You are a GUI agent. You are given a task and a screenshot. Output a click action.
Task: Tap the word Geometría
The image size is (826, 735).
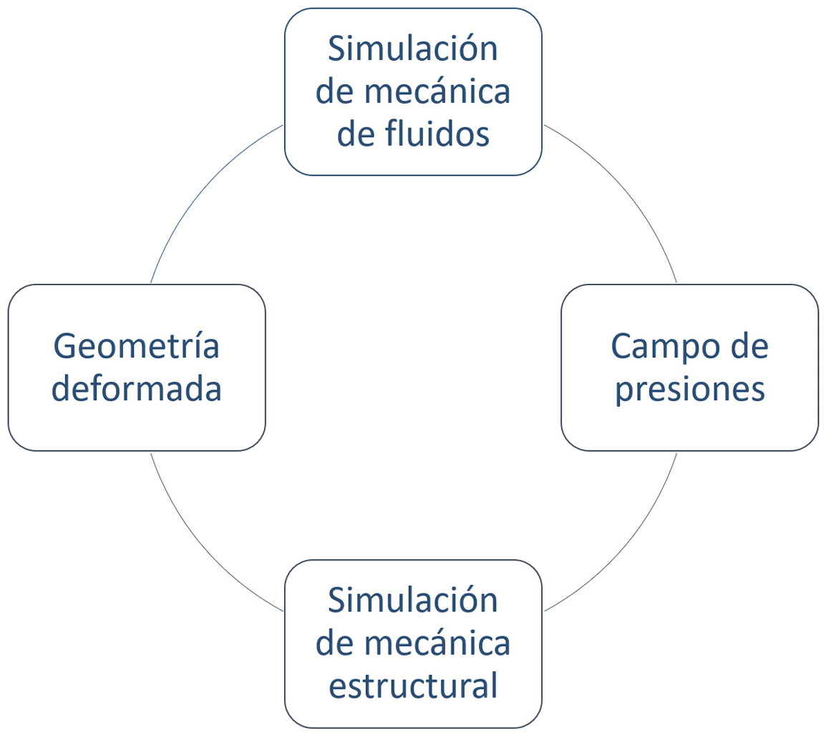tap(137, 347)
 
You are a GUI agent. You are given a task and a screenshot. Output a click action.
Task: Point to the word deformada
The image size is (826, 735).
tap(137, 390)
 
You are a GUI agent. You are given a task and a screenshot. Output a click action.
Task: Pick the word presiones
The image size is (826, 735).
tap(690, 390)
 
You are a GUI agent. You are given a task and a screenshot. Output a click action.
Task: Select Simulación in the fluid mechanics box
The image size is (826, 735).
tap(412, 49)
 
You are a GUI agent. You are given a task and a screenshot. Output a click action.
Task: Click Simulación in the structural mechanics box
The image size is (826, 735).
tap(412, 600)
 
